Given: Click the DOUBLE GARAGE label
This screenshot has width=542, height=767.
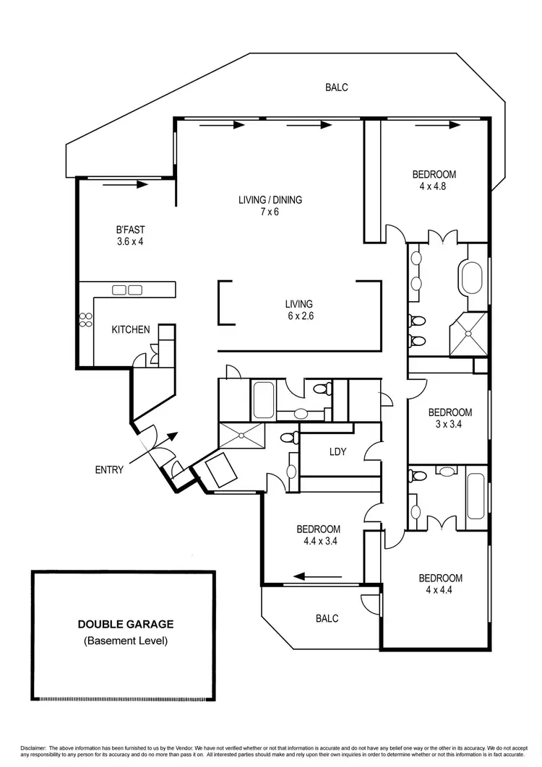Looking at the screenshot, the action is [x=126, y=625].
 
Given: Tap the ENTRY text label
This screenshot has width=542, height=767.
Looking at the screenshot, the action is [x=109, y=469].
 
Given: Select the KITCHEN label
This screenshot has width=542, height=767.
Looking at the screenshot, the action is [x=131, y=330].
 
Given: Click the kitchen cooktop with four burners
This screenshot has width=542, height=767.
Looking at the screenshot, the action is [x=86, y=320].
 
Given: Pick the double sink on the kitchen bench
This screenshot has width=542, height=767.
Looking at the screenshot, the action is [x=127, y=290].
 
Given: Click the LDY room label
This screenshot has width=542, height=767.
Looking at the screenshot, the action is [x=337, y=453].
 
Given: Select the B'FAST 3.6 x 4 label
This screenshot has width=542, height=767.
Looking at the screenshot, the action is [x=130, y=236].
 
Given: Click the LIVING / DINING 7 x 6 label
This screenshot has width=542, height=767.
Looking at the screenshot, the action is [x=270, y=206].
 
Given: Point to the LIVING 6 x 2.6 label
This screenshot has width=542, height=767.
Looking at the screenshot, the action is [x=298, y=310].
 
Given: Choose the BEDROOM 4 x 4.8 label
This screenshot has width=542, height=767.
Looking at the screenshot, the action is [x=434, y=180].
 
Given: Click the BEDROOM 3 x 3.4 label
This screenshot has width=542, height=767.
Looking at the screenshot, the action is [x=450, y=418].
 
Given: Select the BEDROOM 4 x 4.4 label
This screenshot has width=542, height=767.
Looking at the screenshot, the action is [x=440, y=584].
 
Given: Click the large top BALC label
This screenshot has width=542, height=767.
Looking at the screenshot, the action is [x=337, y=87].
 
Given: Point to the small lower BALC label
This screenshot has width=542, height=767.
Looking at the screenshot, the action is [x=327, y=619].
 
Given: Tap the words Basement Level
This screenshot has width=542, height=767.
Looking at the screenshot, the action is [x=126, y=641].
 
